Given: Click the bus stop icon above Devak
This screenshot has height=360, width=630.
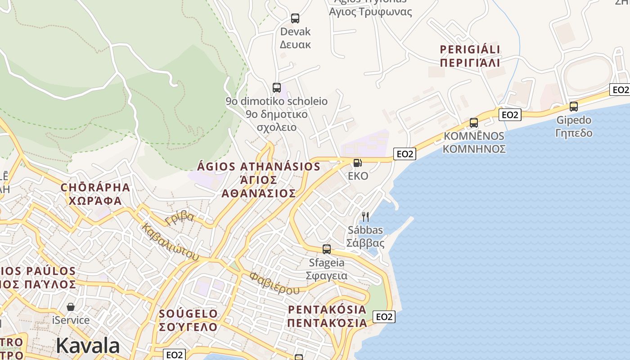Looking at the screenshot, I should [295, 18].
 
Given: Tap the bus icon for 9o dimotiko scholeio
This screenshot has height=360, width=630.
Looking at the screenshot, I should [277, 88].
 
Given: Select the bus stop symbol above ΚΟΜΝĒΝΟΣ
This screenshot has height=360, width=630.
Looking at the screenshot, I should [473, 123].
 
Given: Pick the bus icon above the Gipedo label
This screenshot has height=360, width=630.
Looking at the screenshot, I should [574, 107].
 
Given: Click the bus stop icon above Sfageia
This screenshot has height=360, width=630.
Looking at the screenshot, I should [327, 249].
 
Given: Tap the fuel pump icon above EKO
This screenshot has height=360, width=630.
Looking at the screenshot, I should [358, 162].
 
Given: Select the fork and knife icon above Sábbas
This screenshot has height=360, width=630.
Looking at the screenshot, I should [365, 217].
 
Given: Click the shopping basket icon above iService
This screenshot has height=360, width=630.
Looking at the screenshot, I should [71, 307].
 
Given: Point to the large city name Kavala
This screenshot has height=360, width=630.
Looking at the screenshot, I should [88, 346].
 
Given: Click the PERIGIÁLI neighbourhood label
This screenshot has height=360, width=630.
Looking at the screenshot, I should [470, 56].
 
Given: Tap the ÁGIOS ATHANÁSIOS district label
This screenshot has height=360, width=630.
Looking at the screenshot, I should [259, 180].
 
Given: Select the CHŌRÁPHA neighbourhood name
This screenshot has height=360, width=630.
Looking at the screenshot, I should [95, 193].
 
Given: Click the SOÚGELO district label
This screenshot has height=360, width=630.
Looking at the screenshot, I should [188, 320].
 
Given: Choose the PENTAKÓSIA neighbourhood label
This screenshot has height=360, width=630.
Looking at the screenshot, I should [327, 316].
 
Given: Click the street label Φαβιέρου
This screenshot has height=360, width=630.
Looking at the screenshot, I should [274, 283].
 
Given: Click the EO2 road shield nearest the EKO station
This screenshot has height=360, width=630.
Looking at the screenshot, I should [404, 154].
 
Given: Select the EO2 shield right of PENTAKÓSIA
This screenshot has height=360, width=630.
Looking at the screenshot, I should [384, 317].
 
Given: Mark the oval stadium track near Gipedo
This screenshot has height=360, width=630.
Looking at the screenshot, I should [589, 74].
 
